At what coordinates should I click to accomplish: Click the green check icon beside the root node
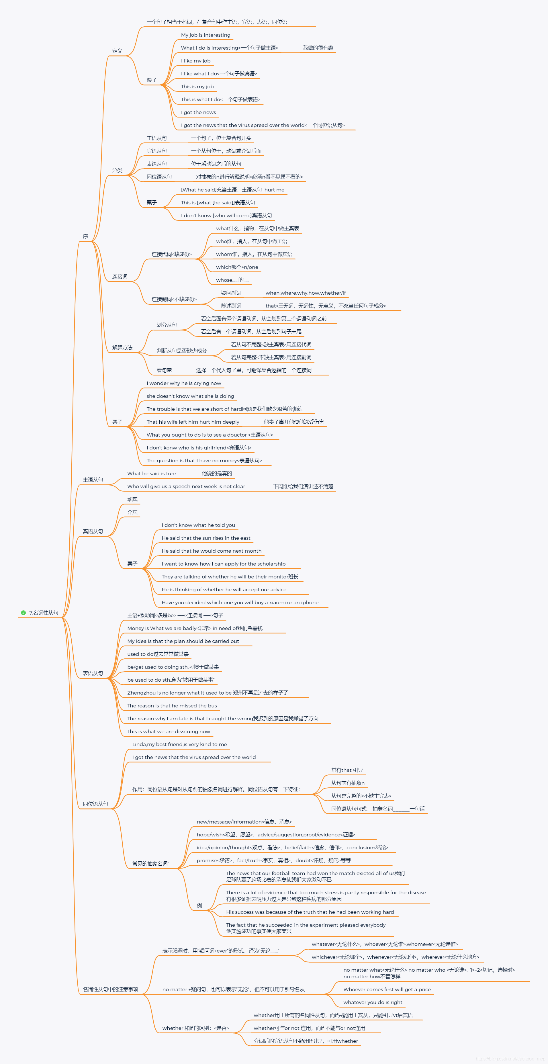(x=24, y=613)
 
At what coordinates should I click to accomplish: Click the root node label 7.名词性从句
(x=44, y=613)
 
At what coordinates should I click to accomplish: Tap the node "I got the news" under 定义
(x=198, y=112)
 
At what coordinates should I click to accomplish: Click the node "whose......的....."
(x=232, y=280)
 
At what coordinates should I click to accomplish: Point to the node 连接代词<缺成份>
(x=171, y=254)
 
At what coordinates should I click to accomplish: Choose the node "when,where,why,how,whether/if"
(x=306, y=293)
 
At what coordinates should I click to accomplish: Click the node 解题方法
(x=122, y=348)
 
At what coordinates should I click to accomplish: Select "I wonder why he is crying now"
(x=184, y=383)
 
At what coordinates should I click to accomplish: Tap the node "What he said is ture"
(x=152, y=473)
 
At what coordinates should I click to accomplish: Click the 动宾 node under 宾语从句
(x=132, y=499)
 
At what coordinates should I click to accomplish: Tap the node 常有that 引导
(x=347, y=770)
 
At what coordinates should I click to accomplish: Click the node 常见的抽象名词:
(x=151, y=863)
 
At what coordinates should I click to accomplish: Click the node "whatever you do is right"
(x=373, y=1002)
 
